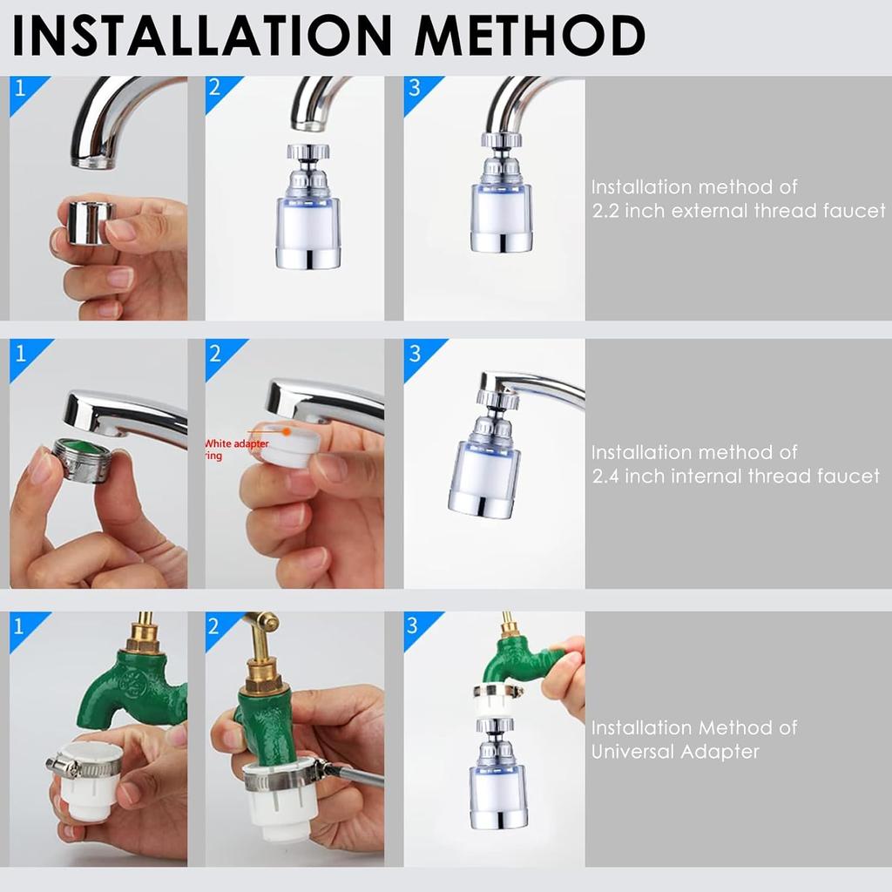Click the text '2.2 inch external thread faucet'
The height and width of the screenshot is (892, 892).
click(x=738, y=211)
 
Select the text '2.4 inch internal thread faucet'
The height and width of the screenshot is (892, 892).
click(x=735, y=476)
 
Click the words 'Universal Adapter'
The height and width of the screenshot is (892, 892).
click(x=675, y=751)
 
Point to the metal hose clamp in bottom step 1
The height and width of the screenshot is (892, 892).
click(x=83, y=767)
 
